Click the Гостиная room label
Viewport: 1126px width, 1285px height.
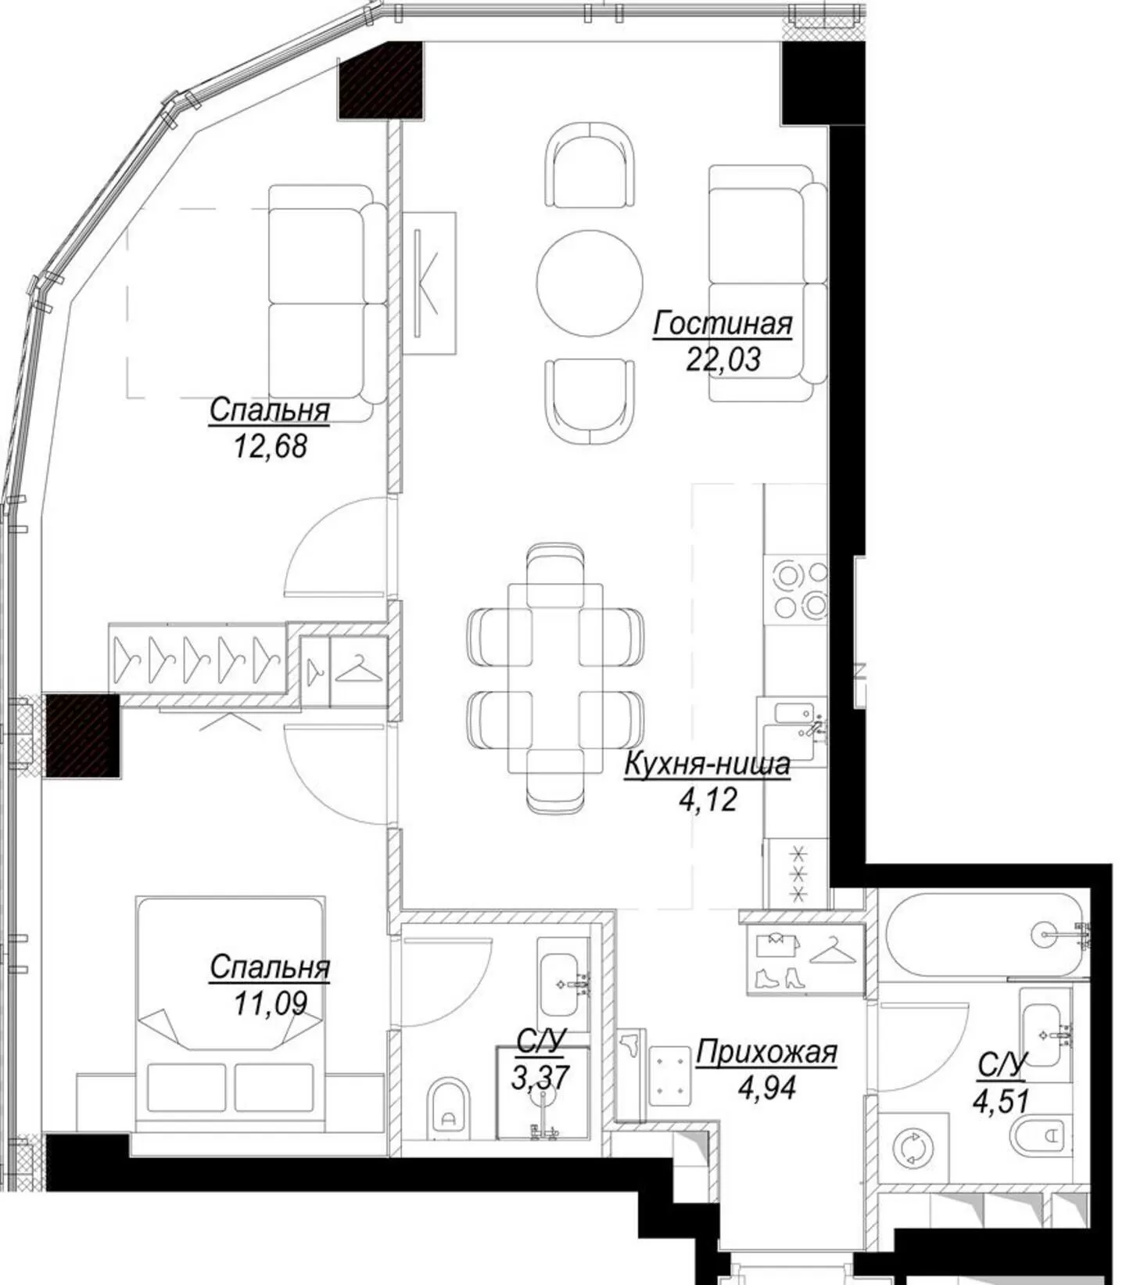tap(723, 324)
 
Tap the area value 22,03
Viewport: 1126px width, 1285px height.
tap(723, 360)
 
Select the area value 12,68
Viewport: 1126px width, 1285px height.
tap(270, 446)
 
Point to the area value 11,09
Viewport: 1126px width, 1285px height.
tap(270, 1002)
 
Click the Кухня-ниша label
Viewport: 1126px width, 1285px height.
tap(707, 765)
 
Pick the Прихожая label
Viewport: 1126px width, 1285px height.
tap(766, 1053)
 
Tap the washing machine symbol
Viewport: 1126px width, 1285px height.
tap(915, 1147)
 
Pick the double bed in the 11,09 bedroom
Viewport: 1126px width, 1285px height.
tap(230, 1013)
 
